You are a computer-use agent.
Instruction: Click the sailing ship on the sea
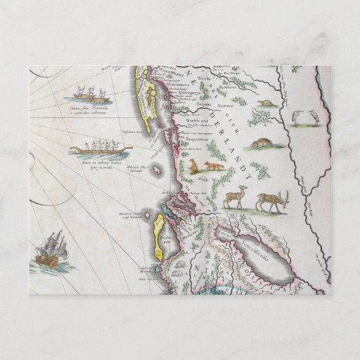[x=54, y=251]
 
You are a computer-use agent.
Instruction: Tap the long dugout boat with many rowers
[x=94, y=147]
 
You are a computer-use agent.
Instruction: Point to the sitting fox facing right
[x=192, y=166]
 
